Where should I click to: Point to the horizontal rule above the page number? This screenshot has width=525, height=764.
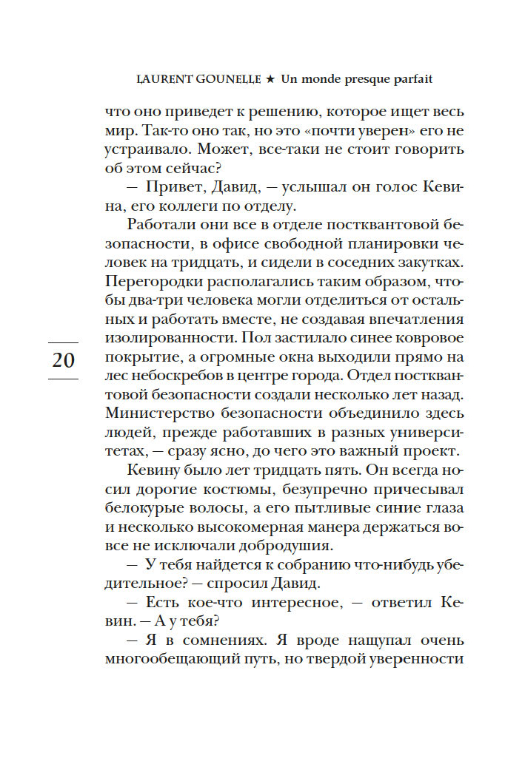click(63, 342)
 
